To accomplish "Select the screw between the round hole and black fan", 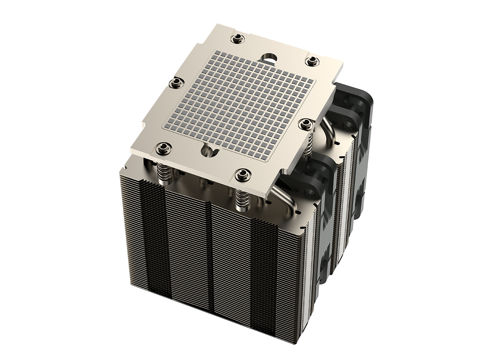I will point(312,61).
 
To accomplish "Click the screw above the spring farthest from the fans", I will point(164,147).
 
